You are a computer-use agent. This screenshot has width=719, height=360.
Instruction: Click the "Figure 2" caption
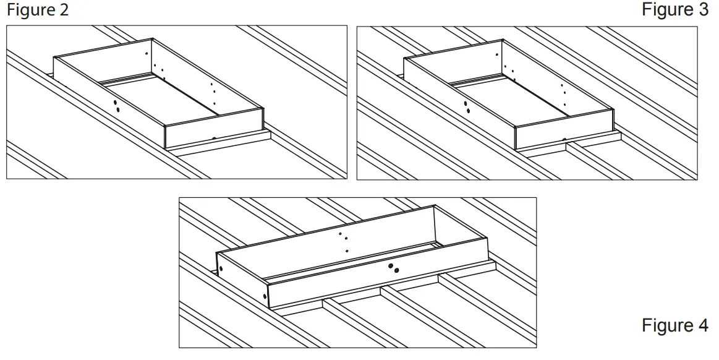point(38,11)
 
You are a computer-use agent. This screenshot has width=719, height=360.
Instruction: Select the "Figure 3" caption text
point(675,11)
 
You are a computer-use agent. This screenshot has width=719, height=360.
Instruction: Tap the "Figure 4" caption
point(675,325)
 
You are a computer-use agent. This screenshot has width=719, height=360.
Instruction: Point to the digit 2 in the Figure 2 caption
point(65,11)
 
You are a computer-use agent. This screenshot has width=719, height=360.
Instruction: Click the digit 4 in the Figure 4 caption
point(702,325)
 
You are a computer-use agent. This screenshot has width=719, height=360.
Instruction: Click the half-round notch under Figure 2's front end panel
point(213,139)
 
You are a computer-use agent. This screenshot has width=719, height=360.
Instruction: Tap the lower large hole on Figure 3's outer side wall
point(468,111)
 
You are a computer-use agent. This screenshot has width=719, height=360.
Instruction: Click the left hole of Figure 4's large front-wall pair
point(390,267)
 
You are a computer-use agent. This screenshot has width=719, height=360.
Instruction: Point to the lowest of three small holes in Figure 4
point(347,251)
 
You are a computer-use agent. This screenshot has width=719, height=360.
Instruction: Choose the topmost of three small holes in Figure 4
point(340,234)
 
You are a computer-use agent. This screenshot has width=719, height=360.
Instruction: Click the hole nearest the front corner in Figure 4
point(265,296)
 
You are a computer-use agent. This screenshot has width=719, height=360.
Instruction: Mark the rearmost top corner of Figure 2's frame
point(153,40)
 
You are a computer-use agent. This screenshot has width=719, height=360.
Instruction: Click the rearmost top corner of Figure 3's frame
point(503,40)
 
